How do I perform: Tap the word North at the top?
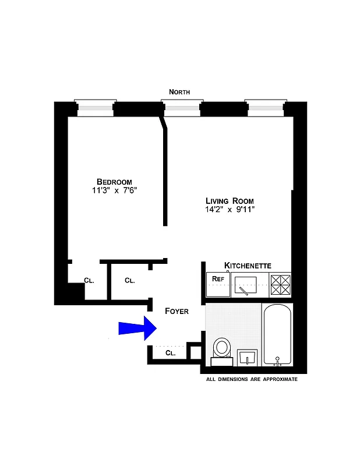pyautogui.click(x=179, y=91)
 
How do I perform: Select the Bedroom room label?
pyautogui.click(x=114, y=181)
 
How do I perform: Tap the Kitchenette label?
pyautogui.click(x=248, y=266)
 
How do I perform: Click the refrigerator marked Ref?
pyautogui.click(x=218, y=285)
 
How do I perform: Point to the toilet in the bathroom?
pyautogui.click(x=222, y=350)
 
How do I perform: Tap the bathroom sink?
pyautogui.click(x=248, y=356)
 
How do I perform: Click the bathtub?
pyautogui.click(x=276, y=335)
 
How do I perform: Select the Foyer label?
pyautogui.click(x=177, y=311)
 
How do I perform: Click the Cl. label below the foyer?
pyautogui.click(x=171, y=353)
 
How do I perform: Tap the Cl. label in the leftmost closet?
pyautogui.click(x=89, y=281)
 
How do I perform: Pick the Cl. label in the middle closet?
pyautogui.click(x=129, y=280)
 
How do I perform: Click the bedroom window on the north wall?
pyautogui.click(x=95, y=108)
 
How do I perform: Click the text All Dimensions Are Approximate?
pyautogui.click(x=252, y=379)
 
